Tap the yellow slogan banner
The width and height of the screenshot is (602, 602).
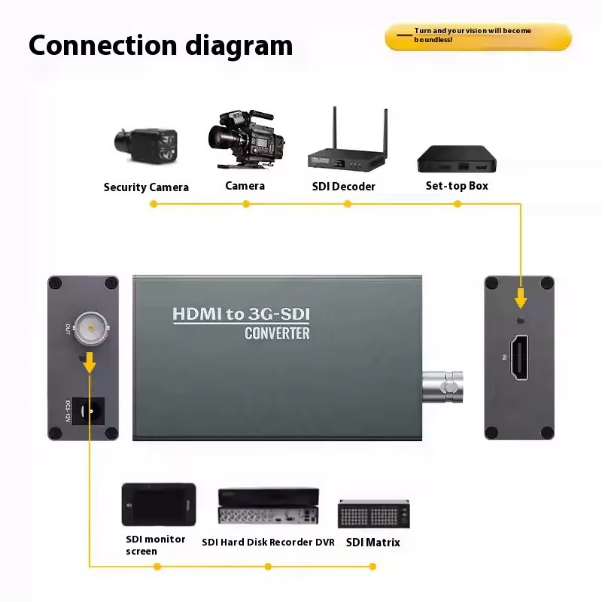[478, 36]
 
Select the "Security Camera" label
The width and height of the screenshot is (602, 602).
[146, 187]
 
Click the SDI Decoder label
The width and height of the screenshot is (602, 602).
[343, 187]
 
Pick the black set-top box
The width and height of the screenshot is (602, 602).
[458, 159]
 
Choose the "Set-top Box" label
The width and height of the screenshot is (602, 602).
[457, 186]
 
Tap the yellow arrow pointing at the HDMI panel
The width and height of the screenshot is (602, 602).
[521, 297]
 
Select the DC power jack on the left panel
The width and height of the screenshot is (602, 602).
[94, 412]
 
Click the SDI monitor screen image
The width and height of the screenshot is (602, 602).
[159, 504]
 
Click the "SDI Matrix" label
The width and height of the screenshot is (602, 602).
[373, 542]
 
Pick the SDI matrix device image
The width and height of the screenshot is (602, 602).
[373, 514]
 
